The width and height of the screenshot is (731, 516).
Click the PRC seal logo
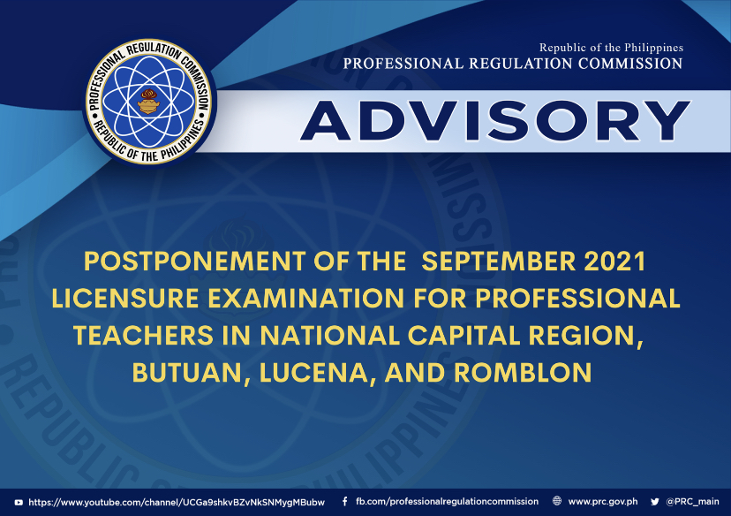(x=148, y=102)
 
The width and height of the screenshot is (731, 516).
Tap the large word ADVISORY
(x=495, y=121)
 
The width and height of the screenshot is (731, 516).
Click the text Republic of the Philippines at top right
(x=611, y=48)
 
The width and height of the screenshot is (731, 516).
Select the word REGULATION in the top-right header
(x=521, y=64)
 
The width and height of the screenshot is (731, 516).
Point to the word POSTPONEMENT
(x=195, y=262)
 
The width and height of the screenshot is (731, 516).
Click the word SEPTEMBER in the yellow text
(x=498, y=262)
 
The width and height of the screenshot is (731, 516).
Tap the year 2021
(x=615, y=262)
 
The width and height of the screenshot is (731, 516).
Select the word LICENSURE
(x=125, y=299)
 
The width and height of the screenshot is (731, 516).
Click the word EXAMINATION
(x=305, y=299)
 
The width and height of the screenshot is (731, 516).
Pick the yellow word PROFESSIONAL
(x=577, y=299)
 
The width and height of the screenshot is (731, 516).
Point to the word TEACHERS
(x=144, y=336)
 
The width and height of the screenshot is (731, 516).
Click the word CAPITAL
(x=463, y=336)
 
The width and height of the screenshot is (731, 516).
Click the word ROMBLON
(x=523, y=373)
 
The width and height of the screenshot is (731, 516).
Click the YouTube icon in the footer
(x=19, y=503)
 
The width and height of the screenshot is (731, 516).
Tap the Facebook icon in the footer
(x=344, y=502)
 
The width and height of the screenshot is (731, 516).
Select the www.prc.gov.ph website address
(x=603, y=502)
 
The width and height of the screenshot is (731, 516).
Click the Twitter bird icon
(x=655, y=502)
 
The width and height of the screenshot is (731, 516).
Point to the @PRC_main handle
(x=692, y=502)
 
